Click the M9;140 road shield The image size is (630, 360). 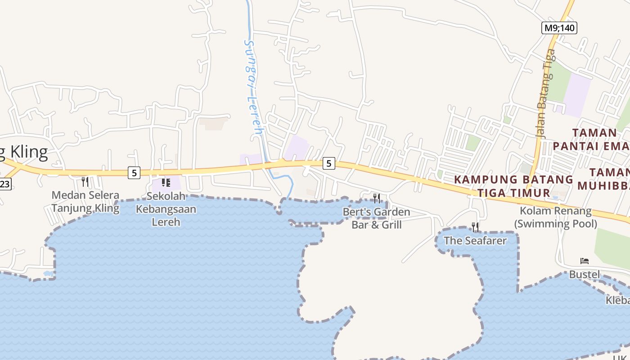[x=558, y=28]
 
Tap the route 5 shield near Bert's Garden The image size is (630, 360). [x=329, y=163]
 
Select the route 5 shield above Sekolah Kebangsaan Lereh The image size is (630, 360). [x=134, y=172]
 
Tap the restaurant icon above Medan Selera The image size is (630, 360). [x=85, y=182]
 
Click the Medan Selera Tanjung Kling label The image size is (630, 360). [x=85, y=202]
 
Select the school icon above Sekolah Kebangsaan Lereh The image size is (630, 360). [x=166, y=183]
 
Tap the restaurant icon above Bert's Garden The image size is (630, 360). [x=377, y=198]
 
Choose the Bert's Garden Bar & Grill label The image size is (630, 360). [x=377, y=218]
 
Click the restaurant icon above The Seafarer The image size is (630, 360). [x=475, y=227]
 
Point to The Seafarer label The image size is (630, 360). [x=475, y=240]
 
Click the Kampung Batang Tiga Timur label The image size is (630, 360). [x=513, y=186]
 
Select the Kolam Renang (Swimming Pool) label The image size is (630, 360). [x=556, y=217]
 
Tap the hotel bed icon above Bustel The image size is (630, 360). [x=585, y=261]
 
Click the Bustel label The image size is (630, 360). [x=585, y=274]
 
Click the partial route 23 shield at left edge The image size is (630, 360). [x=4, y=184]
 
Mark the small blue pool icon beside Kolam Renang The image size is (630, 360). [x=555, y=198]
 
